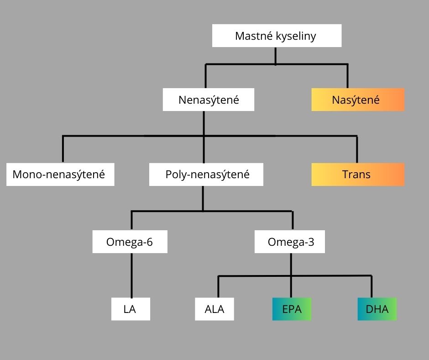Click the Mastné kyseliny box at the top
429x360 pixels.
point(277,36)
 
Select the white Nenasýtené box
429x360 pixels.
point(209,100)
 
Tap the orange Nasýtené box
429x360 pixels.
point(358,100)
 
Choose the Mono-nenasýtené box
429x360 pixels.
point(60,174)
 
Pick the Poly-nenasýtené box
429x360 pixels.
point(206,174)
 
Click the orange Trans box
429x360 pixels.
point(358,174)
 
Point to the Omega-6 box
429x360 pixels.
point(130,242)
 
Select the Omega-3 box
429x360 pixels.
point(290,242)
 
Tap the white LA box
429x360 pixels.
point(130,309)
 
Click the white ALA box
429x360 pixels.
point(214,309)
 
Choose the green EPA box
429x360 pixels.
point(292,309)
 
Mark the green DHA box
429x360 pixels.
point(377,309)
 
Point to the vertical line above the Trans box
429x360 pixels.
point(357,149)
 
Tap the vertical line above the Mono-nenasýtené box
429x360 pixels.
point(63,149)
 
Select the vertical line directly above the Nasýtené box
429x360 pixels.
point(348,76)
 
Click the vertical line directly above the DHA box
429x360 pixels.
point(371,286)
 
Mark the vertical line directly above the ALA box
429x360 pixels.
point(218,286)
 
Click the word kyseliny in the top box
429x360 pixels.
point(296,36)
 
